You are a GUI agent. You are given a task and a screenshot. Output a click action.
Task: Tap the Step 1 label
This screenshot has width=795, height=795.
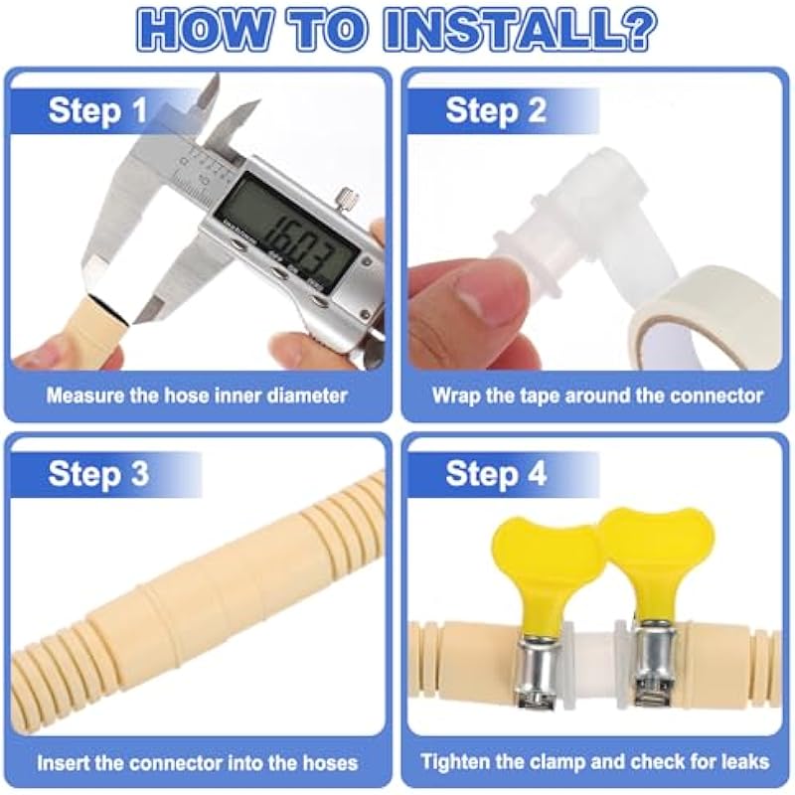pos(97,110)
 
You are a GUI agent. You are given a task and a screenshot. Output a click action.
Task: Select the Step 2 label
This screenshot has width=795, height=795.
pos(496,110)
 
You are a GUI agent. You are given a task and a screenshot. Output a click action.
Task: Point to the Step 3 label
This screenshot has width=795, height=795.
pos(98,474)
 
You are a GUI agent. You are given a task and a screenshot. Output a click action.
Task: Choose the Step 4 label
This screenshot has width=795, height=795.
pos(496,474)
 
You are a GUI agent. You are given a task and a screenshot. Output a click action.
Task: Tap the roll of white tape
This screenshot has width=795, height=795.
pos(705,325)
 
